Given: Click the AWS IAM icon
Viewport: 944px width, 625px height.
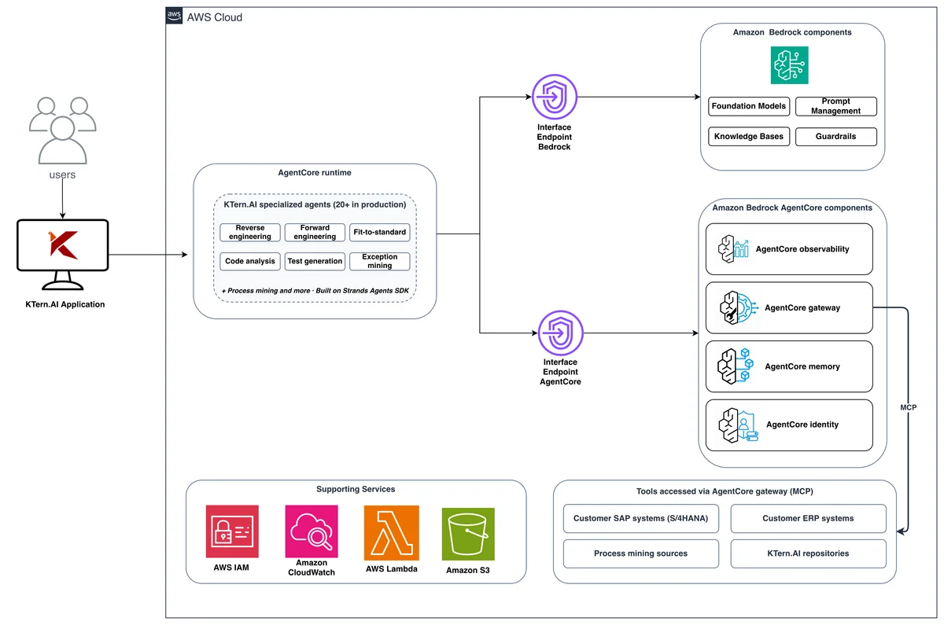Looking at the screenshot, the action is (232, 531).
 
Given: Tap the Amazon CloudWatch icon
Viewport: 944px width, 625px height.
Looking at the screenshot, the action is (312, 531).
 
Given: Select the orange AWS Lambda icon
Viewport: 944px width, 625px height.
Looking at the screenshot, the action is (392, 533).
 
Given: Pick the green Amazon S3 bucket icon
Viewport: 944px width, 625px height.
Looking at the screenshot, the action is (468, 534).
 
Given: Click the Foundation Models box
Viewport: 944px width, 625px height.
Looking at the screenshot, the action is (749, 106).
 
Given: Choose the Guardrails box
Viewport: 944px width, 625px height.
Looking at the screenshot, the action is (836, 137).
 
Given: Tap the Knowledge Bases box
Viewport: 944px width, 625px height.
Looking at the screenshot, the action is (749, 137).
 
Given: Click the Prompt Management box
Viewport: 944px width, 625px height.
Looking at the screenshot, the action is (836, 106).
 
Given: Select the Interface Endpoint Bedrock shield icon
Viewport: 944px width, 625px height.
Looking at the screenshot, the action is (555, 97).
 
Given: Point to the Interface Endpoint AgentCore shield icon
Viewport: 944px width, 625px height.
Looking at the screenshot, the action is (560, 333).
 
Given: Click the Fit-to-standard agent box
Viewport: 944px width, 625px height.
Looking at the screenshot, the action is (380, 233).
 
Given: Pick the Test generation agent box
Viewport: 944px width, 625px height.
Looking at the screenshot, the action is (315, 261).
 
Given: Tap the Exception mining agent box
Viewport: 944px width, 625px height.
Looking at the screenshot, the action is (380, 261).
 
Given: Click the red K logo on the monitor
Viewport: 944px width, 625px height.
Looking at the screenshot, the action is (63, 244).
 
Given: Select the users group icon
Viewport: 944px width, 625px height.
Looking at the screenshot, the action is (63, 131).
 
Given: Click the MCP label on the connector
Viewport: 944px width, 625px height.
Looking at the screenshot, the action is (908, 408).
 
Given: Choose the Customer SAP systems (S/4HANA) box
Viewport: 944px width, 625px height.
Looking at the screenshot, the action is (641, 518).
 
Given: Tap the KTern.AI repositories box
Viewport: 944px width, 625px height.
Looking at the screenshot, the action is (809, 553).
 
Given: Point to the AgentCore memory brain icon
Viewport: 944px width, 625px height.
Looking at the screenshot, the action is (736, 366).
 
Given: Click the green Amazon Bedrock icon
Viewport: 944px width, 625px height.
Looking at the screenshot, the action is (789, 65).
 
